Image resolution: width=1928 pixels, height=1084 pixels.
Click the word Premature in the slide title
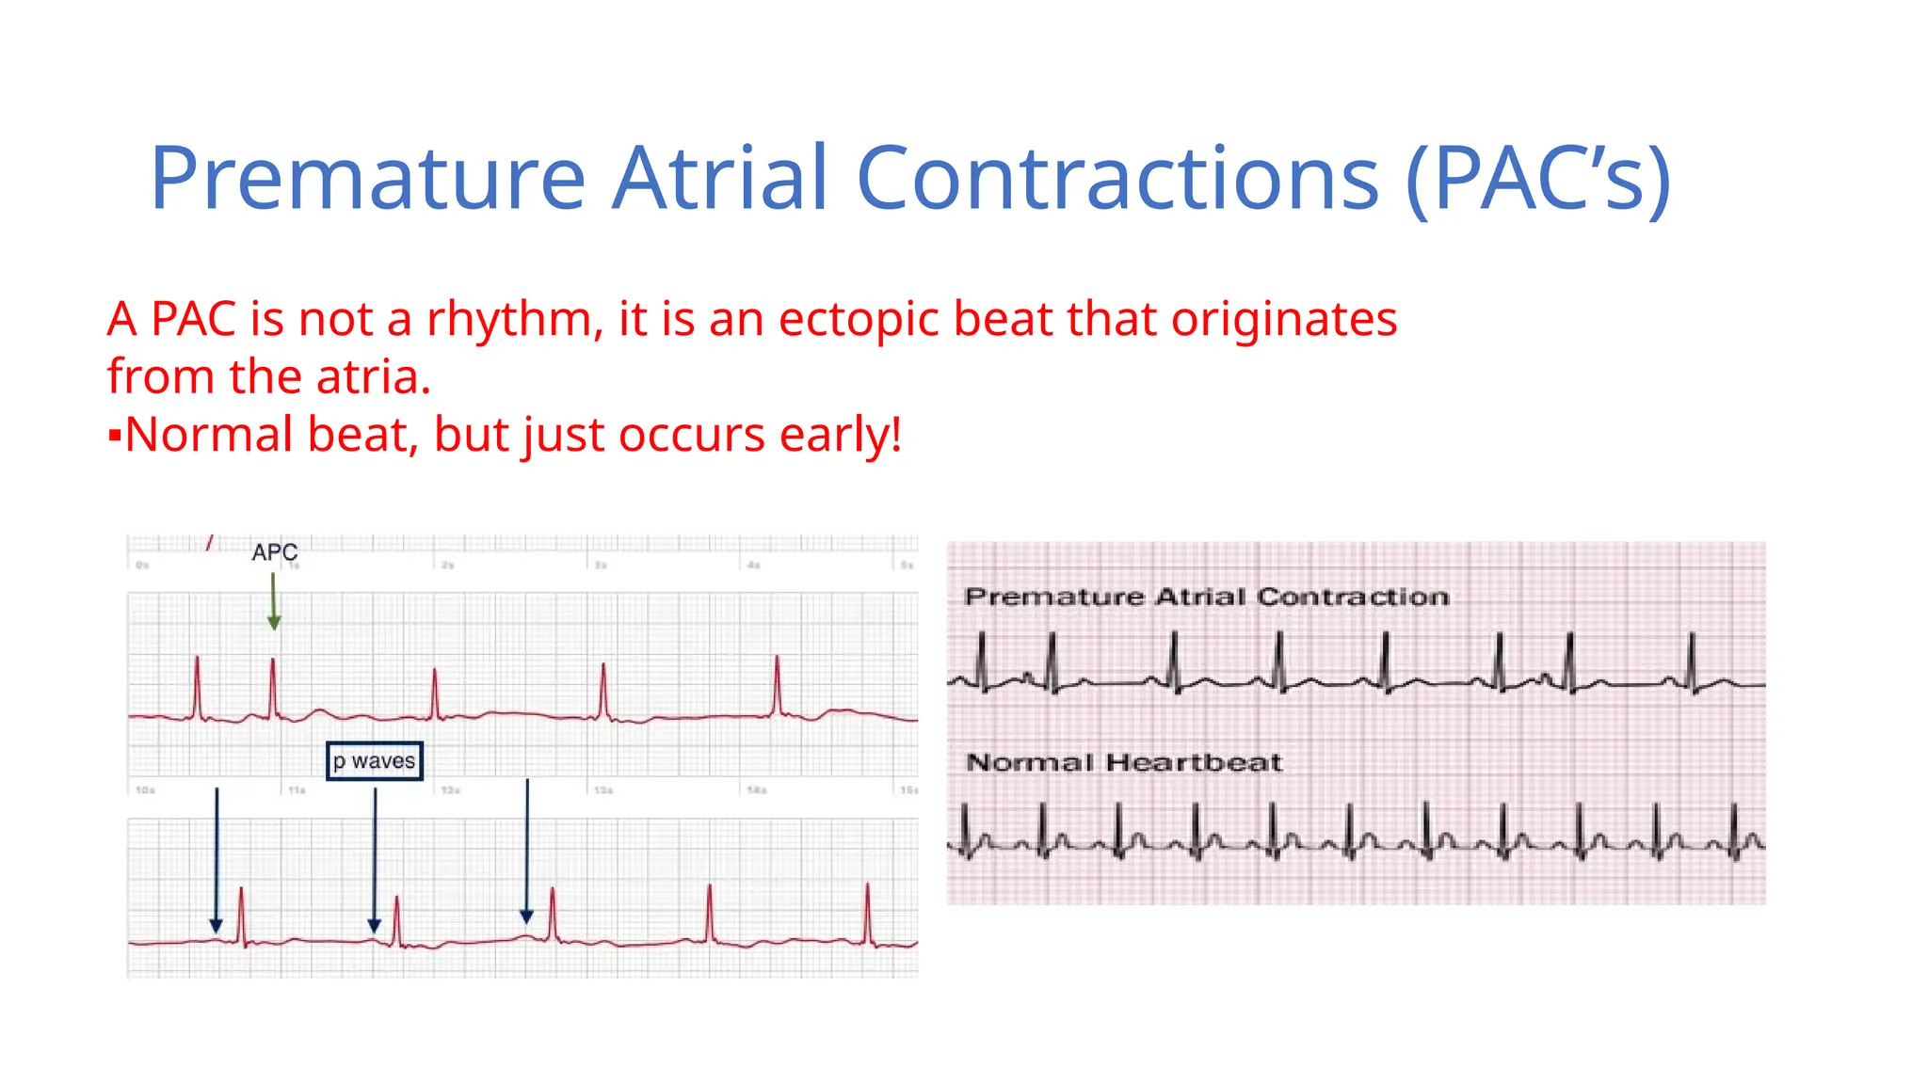pyautogui.click(x=368, y=178)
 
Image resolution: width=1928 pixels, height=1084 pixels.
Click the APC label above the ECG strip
pyautogui.click(x=274, y=552)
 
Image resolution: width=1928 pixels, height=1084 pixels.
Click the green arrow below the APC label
pyautogui.click(x=274, y=602)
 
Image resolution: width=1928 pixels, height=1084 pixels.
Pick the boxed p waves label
pyautogui.click(x=374, y=761)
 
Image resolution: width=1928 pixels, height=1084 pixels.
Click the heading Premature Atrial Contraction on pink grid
pyautogui.click(x=1206, y=597)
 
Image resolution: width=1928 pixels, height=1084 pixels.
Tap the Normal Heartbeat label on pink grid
pyautogui.click(x=1124, y=762)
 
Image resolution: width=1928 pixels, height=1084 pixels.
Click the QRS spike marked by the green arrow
pyautogui.click(x=273, y=687)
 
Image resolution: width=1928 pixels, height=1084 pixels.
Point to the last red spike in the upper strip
pyautogui.click(x=778, y=684)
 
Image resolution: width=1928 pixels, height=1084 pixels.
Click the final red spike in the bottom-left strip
pyautogui.click(x=867, y=913)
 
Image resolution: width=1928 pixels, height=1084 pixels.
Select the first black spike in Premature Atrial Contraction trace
pyautogui.click(x=982, y=659)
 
